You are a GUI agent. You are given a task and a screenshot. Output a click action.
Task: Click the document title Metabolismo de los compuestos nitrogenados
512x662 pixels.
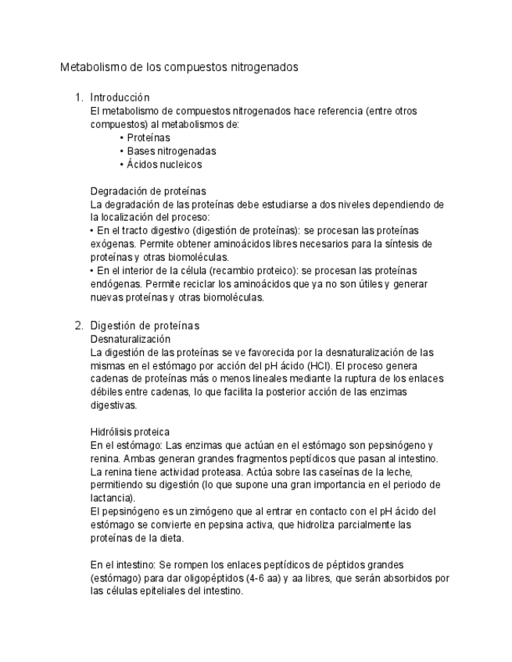tap(179, 68)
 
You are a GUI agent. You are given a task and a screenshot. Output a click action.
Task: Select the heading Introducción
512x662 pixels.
tap(120, 98)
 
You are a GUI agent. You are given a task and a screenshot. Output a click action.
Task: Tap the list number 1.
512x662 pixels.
tap(78, 98)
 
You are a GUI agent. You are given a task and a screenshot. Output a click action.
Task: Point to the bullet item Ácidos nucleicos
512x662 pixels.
tap(164, 165)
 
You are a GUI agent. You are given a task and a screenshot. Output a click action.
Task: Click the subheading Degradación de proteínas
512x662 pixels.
tap(149, 191)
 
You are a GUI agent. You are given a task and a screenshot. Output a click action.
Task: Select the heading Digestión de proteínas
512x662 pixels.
tap(145, 325)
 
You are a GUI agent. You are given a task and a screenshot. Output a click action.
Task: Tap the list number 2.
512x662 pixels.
tap(78, 325)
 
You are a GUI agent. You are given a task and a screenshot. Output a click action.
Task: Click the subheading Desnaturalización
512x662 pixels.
tap(131, 339)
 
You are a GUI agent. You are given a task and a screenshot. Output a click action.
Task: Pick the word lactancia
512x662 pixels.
tap(112, 498)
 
